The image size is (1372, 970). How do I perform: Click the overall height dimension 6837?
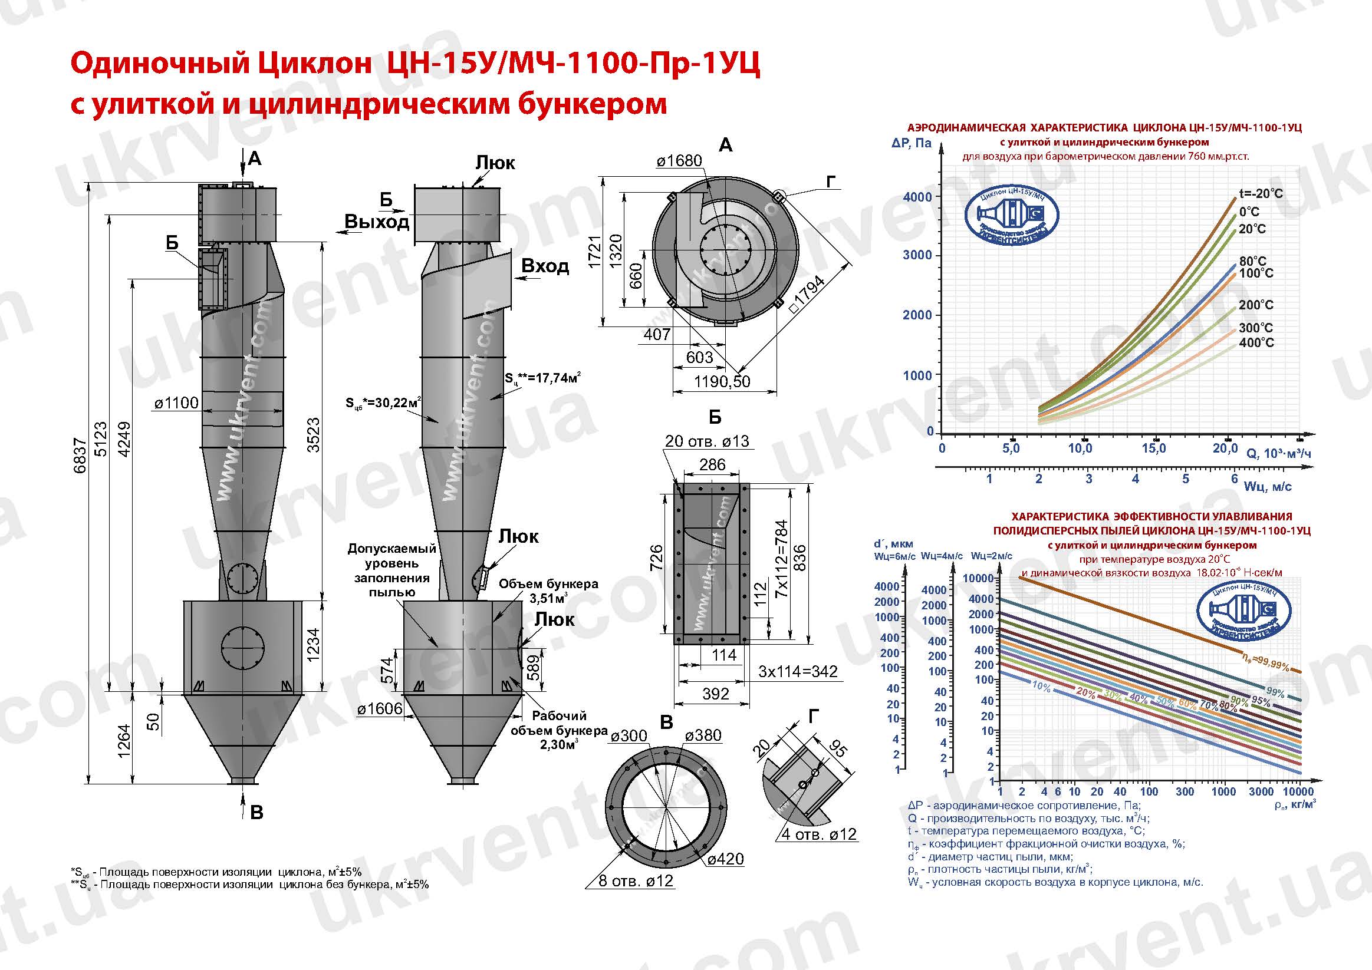pyautogui.click(x=81, y=455)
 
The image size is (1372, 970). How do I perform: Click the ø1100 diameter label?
pyautogui.click(x=176, y=403)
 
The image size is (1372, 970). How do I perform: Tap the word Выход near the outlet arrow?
pyautogui.click(x=377, y=222)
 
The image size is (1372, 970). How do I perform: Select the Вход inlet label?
pyautogui.click(x=545, y=266)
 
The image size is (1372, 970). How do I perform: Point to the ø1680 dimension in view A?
pyautogui.click(x=679, y=161)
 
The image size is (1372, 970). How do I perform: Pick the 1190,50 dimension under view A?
pyautogui.click(x=722, y=381)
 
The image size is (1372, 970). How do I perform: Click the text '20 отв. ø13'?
pyautogui.click(x=707, y=441)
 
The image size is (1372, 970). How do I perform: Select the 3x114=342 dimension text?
pyautogui.click(x=798, y=671)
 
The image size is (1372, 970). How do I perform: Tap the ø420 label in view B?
pyautogui.click(x=725, y=859)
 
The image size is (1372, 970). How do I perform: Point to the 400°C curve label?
pyautogui.click(x=1256, y=343)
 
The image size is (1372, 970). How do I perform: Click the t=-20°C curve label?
pyautogui.click(x=1260, y=193)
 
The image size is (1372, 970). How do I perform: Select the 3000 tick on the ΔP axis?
pyautogui.click(x=917, y=255)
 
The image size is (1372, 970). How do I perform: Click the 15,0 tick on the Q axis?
pyautogui.click(x=1153, y=448)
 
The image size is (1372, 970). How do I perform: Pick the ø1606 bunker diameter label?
pyautogui.click(x=380, y=709)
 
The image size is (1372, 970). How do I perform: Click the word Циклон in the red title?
pyautogui.click(x=315, y=64)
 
